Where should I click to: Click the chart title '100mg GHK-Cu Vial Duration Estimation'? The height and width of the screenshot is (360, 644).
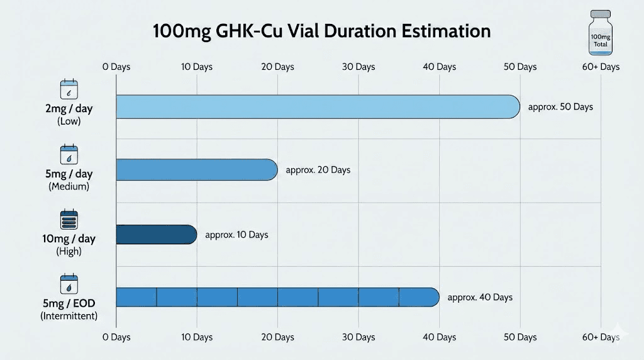point(321,31)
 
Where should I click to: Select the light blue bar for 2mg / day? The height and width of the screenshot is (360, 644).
point(318,107)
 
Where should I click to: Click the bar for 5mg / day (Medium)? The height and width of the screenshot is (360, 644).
point(196,170)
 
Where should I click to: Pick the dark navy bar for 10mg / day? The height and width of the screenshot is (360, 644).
point(156,235)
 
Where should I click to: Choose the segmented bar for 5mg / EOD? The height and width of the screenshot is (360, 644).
point(277,297)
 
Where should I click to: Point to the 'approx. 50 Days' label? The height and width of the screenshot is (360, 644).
point(560,107)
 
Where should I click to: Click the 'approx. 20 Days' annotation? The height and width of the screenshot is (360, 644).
point(318,170)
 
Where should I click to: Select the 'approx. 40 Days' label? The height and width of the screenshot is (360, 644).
point(480,297)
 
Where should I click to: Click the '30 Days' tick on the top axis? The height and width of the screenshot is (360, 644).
point(358,67)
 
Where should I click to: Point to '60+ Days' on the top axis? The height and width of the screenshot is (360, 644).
point(601,67)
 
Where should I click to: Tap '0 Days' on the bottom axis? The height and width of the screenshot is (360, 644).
point(116,337)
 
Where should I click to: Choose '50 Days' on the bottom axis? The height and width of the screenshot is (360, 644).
point(519,337)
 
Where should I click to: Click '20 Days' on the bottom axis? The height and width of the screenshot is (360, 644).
point(277,337)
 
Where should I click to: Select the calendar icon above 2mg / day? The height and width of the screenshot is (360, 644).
point(69,89)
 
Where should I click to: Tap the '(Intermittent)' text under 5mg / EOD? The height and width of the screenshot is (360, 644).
point(69,316)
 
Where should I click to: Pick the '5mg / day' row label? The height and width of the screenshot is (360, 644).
point(69,174)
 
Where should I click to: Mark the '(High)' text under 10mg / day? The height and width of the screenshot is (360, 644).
point(69,252)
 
